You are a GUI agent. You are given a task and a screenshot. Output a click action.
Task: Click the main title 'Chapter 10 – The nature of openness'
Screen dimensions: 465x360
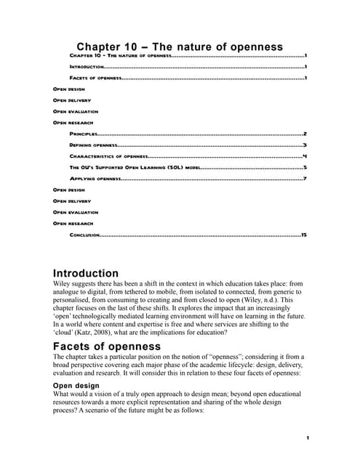point(180,46)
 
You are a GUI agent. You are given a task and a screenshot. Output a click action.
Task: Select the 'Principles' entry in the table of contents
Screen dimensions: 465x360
point(84,134)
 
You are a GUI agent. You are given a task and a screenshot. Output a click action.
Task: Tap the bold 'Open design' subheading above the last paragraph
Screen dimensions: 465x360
point(76,385)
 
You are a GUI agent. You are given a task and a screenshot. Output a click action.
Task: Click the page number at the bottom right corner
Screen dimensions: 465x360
point(308,437)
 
